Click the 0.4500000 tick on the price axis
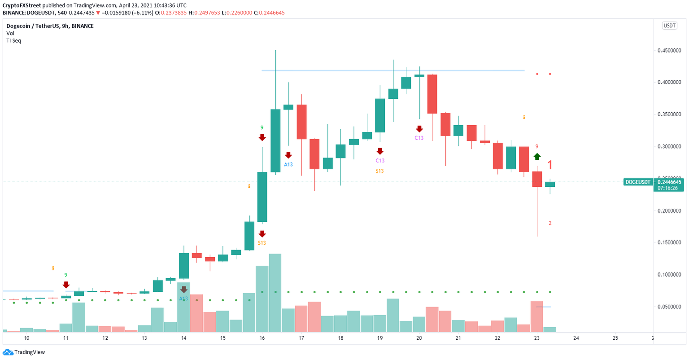pos(669,50)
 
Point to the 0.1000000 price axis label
pos(669,274)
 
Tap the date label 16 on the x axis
pos(262,338)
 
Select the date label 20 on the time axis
pos(419,338)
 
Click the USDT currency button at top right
pos(669,26)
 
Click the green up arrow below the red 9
pos(537,156)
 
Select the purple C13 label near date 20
pos(419,138)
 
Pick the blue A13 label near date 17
pos(288,164)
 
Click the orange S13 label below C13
pos(379,171)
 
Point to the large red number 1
pos(550,164)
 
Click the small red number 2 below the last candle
pos(550,223)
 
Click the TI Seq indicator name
pos(13,40)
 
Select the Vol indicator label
pos(10,33)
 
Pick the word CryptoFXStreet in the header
pos(22,5)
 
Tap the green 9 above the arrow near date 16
pos(262,128)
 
